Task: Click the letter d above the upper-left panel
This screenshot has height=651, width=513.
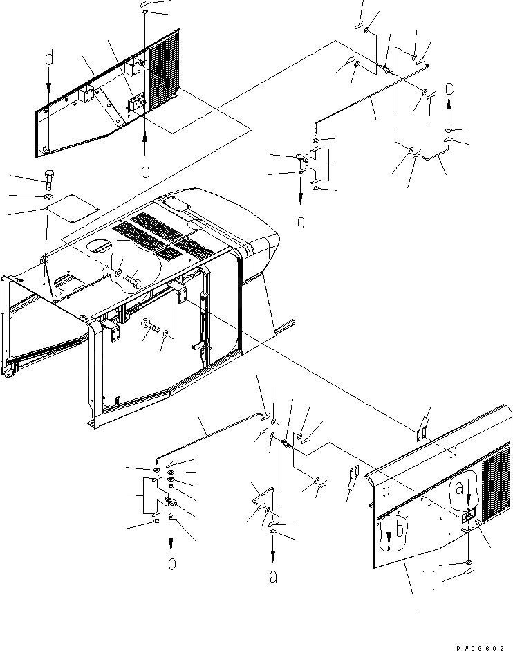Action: tap(49, 59)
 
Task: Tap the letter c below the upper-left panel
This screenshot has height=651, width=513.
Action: tap(145, 170)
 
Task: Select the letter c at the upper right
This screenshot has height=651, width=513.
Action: tap(449, 88)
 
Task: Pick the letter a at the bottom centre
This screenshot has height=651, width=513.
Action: tap(273, 575)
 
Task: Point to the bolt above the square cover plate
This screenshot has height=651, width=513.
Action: tap(50, 178)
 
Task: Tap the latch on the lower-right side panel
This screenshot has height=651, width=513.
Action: tap(469, 515)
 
